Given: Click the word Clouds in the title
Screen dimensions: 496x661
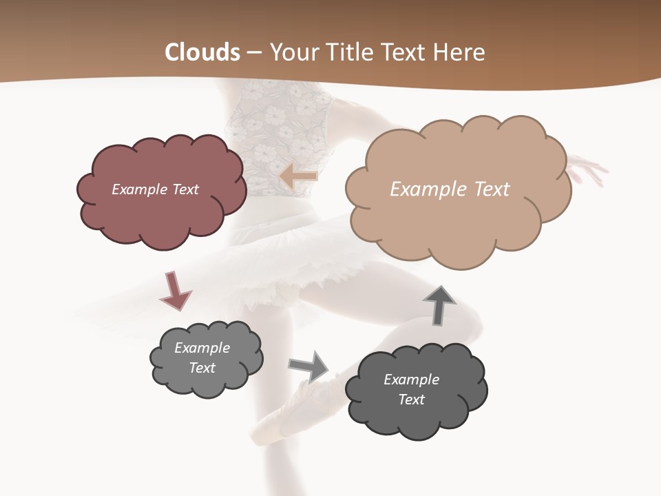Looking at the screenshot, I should coord(202,52).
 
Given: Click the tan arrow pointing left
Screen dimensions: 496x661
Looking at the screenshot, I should coord(299,176).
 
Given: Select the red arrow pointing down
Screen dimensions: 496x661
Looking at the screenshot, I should coord(175,291).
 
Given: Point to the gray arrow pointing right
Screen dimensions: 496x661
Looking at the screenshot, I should coord(309,366).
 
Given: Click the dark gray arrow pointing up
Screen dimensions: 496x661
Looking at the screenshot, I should coord(439,304).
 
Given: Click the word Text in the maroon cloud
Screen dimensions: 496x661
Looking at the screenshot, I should coord(184,189).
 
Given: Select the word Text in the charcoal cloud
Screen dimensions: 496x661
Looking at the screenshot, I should coord(411,400).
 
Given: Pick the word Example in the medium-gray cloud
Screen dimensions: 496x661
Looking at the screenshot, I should coord(202,348).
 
